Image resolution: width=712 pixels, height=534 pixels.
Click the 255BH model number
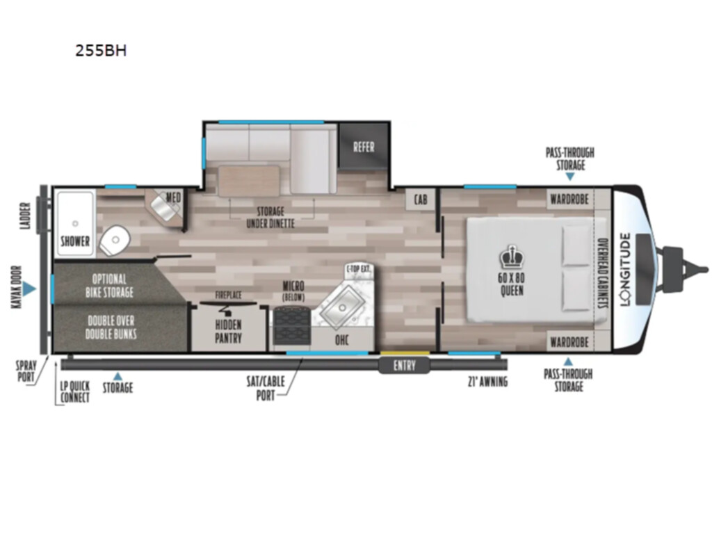point(101,50)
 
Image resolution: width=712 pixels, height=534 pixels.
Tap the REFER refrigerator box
point(364,146)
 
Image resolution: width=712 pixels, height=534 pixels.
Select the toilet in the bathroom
point(115,240)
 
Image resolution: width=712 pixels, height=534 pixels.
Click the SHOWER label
point(75,241)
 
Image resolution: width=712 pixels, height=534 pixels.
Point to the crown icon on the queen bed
point(512,257)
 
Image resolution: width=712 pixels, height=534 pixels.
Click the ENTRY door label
point(404,366)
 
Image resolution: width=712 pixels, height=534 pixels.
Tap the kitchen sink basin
point(342,307)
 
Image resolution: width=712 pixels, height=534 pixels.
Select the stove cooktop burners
point(292,327)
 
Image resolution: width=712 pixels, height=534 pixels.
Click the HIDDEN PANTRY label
point(228,332)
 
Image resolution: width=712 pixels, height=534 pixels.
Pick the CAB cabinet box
point(421,200)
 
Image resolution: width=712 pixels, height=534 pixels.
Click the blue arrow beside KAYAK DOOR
point(29,289)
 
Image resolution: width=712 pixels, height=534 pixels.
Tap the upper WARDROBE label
point(569,200)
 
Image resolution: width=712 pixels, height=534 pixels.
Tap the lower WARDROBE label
point(569,342)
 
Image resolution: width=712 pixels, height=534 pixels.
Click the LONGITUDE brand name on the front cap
point(626,269)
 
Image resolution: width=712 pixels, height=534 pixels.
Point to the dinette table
point(249,181)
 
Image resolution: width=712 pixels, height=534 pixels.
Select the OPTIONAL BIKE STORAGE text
point(109,286)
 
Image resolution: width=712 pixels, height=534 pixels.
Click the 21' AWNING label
point(487,382)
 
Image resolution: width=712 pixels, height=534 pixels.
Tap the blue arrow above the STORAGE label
point(118,376)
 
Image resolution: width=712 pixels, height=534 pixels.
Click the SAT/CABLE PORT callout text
point(266,388)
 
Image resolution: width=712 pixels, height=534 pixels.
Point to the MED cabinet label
point(173,197)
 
